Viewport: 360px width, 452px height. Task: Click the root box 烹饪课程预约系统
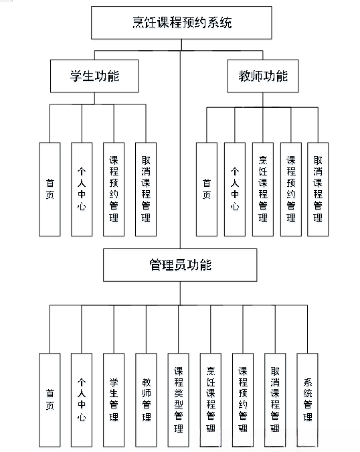click(x=181, y=23)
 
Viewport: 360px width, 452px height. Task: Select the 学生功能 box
click(x=94, y=76)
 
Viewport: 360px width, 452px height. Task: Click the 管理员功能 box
click(x=179, y=265)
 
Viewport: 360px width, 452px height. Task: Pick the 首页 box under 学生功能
click(x=50, y=189)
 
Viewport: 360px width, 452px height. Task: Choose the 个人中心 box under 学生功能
click(x=82, y=189)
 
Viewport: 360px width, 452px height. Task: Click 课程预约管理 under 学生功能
click(x=114, y=189)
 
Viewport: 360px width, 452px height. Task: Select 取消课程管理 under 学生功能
click(x=145, y=189)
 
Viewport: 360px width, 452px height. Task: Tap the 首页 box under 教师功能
click(x=207, y=189)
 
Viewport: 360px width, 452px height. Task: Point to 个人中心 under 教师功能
click(x=235, y=189)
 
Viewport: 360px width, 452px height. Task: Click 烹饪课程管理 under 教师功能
click(x=263, y=189)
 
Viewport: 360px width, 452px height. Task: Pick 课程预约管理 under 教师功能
click(x=291, y=189)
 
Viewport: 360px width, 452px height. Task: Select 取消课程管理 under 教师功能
click(x=318, y=189)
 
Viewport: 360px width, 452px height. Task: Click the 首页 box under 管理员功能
click(x=50, y=400)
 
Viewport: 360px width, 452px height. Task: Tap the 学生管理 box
click(x=114, y=400)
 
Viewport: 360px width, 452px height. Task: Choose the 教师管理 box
click(x=146, y=400)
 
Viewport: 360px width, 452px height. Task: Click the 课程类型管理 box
click(x=178, y=400)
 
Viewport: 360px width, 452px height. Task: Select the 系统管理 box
click(x=307, y=400)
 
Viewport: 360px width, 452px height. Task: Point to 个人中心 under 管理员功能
click(x=82, y=400)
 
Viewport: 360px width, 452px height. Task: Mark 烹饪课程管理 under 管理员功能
click(x=210, y=400)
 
